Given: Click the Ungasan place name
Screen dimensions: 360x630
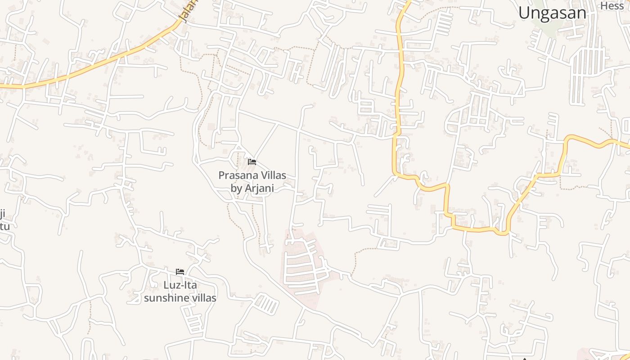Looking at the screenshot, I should click(x=552, y=13).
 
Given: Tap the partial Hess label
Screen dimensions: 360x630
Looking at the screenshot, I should click(x=612, y=5).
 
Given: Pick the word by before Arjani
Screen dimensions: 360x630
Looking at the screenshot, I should click(x=237, y=188).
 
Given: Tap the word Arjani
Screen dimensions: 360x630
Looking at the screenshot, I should click(x=259, y=188).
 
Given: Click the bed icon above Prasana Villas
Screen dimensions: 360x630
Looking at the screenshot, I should click(x=252, y=162).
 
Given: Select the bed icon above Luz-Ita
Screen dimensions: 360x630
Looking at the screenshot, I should click(x=180, y=271).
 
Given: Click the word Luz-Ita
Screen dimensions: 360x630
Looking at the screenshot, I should click(x=180, y=285).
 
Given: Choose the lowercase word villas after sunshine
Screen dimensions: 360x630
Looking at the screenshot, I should click(x=202, y=298).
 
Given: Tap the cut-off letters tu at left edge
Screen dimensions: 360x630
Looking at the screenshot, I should click(x=4, y=225).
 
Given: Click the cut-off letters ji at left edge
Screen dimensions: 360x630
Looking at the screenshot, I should click(x=2, y=213).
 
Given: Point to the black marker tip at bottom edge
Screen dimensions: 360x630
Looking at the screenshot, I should click(x=524, y=359).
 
